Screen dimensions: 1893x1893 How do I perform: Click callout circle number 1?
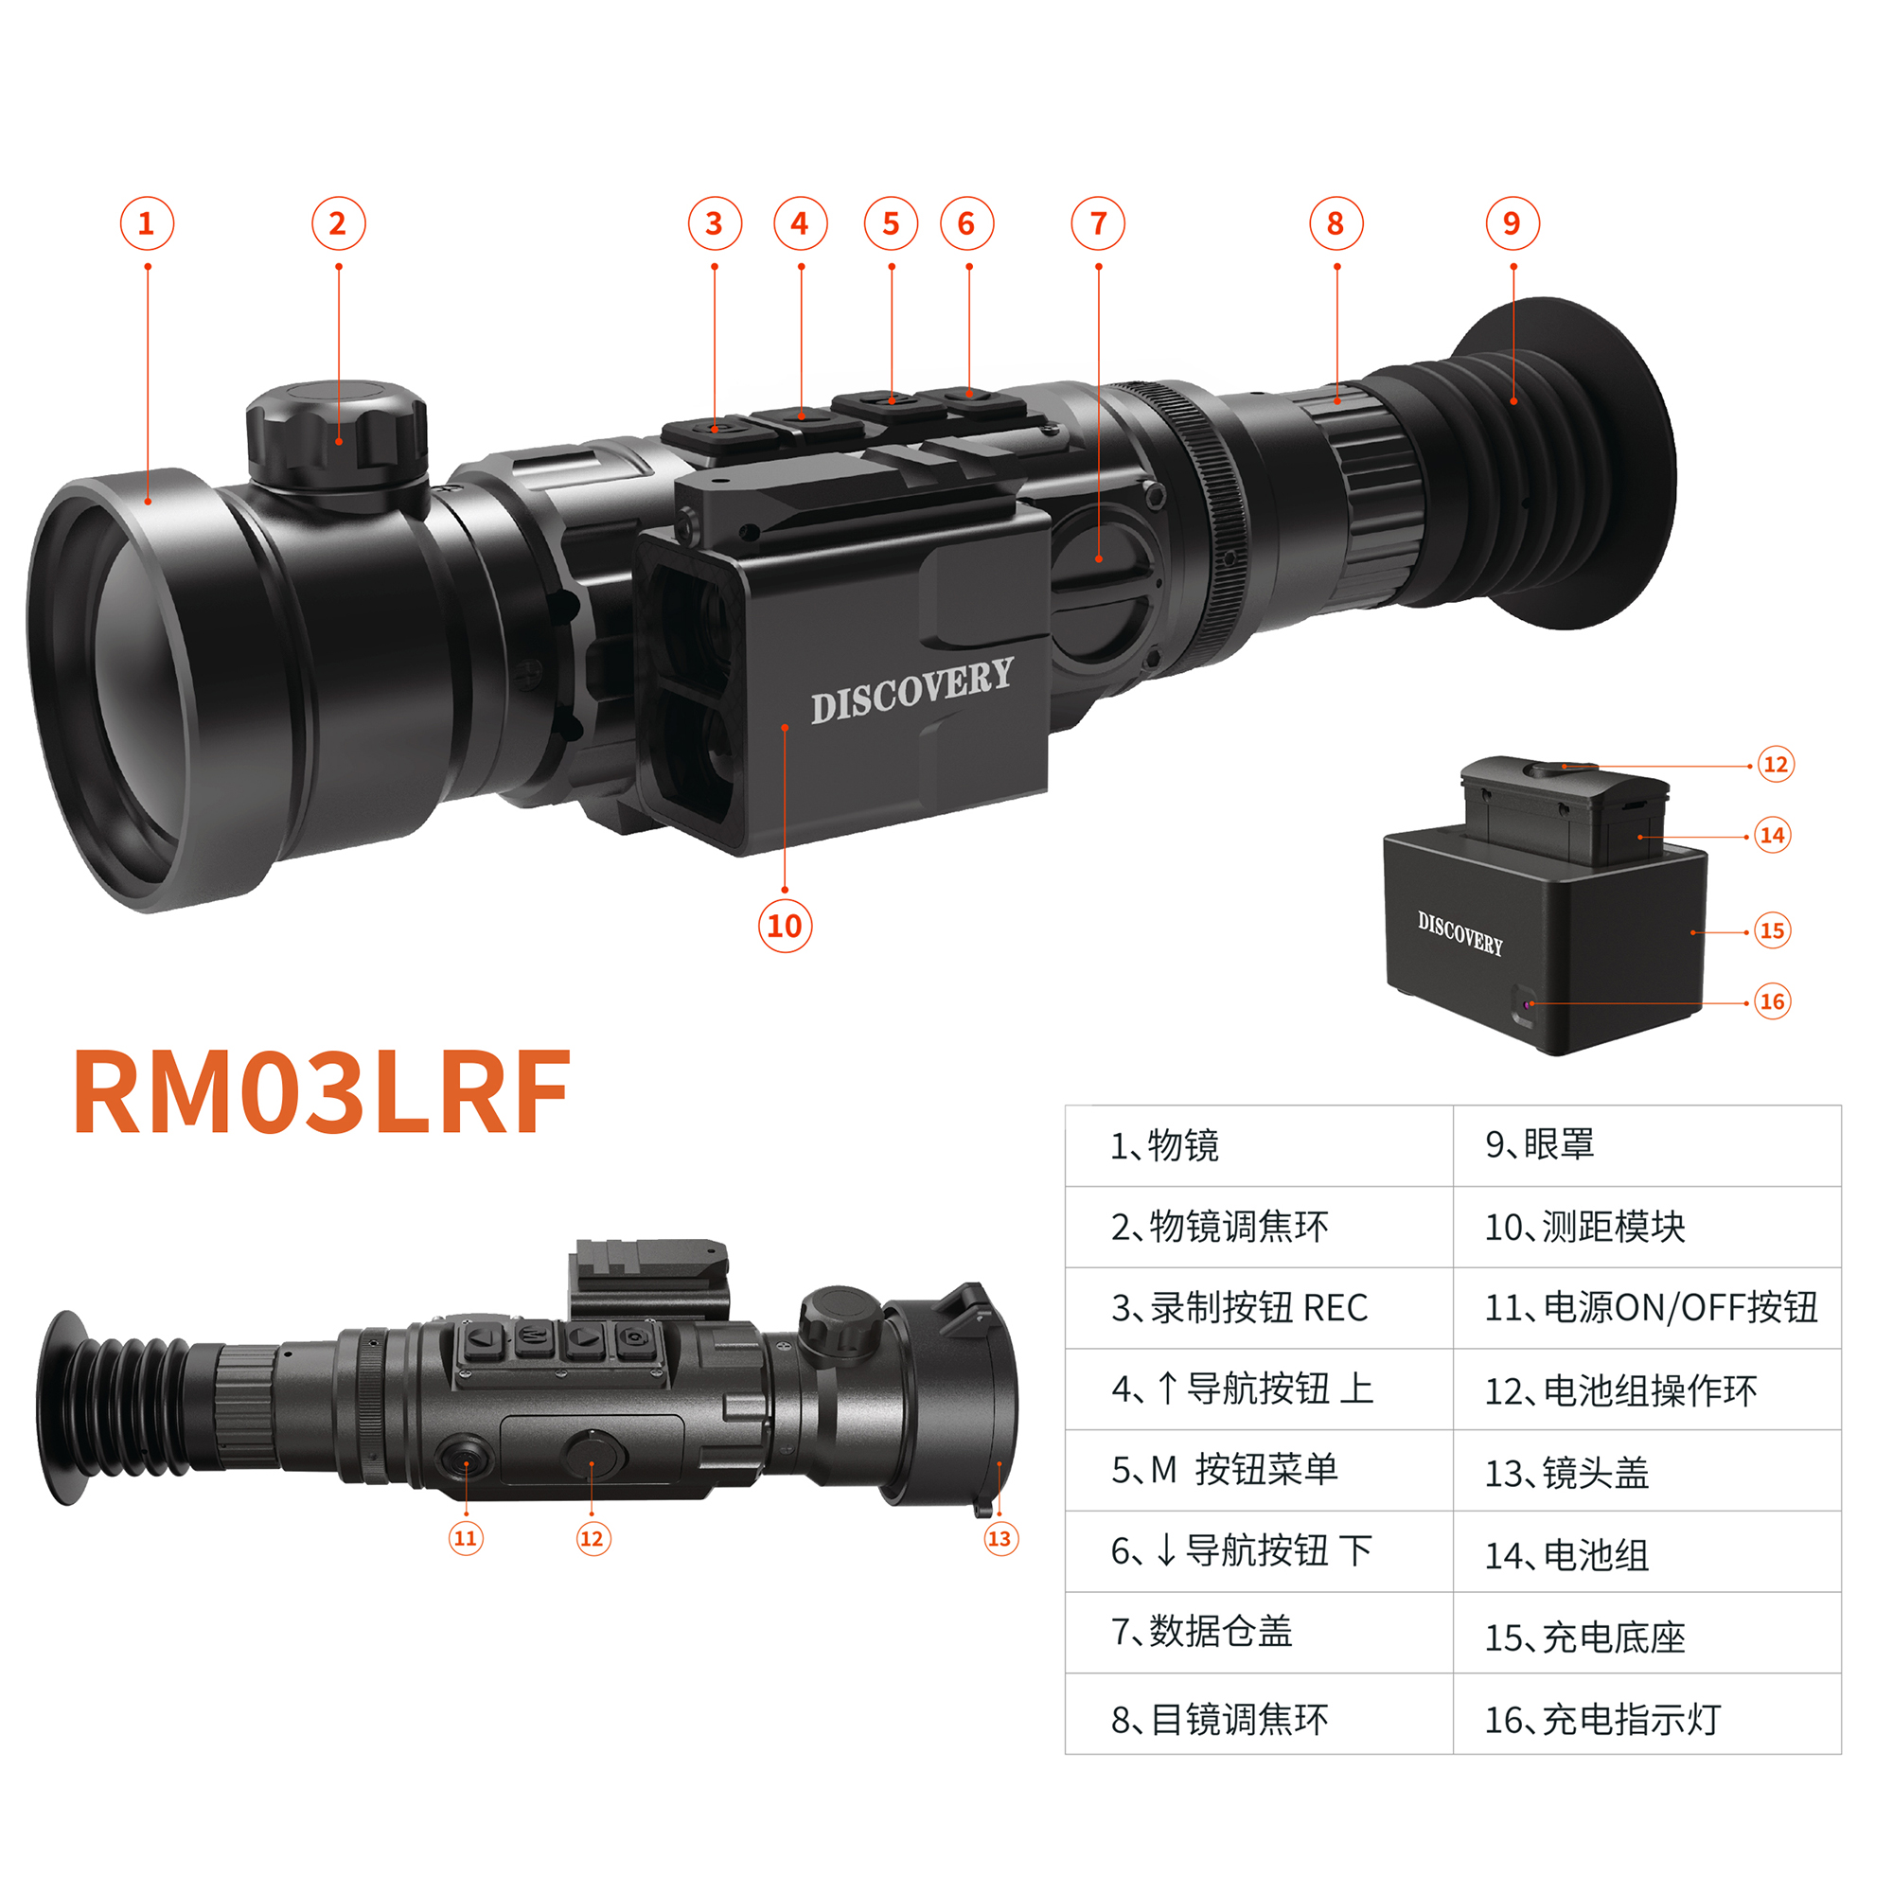(x=147, y=223)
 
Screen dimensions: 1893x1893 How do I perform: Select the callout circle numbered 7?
(x=1097, y=223)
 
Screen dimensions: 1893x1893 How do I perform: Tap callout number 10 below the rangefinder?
(x=785, y=925)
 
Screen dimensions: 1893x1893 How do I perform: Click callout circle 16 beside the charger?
(x=1772, y=1001)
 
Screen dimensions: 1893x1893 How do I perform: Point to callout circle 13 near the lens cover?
(x=1000, y=1537)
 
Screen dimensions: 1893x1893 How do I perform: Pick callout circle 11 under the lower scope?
(x=466, y=1537)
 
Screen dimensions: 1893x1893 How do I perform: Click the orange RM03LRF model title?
(x=322, y=1091)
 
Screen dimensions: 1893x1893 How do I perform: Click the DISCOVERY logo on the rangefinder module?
(x=911, y=691)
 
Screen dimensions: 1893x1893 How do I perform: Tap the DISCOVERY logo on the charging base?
(x=1460, y=933)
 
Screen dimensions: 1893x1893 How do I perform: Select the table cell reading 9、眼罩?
(x=1646, y=1144)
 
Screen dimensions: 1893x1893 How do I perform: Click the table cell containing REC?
(x=1258, y=1307)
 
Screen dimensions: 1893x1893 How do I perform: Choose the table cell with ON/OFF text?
(x=1646, y=1307)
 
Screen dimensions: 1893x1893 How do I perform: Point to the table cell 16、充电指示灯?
(x=1646, y=1720)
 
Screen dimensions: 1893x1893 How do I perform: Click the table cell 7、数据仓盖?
(x=1258, y=1632)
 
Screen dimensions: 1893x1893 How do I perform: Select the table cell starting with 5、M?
(x=1258, y=1469)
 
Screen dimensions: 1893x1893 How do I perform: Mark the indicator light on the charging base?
(x=1528, y=1004)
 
